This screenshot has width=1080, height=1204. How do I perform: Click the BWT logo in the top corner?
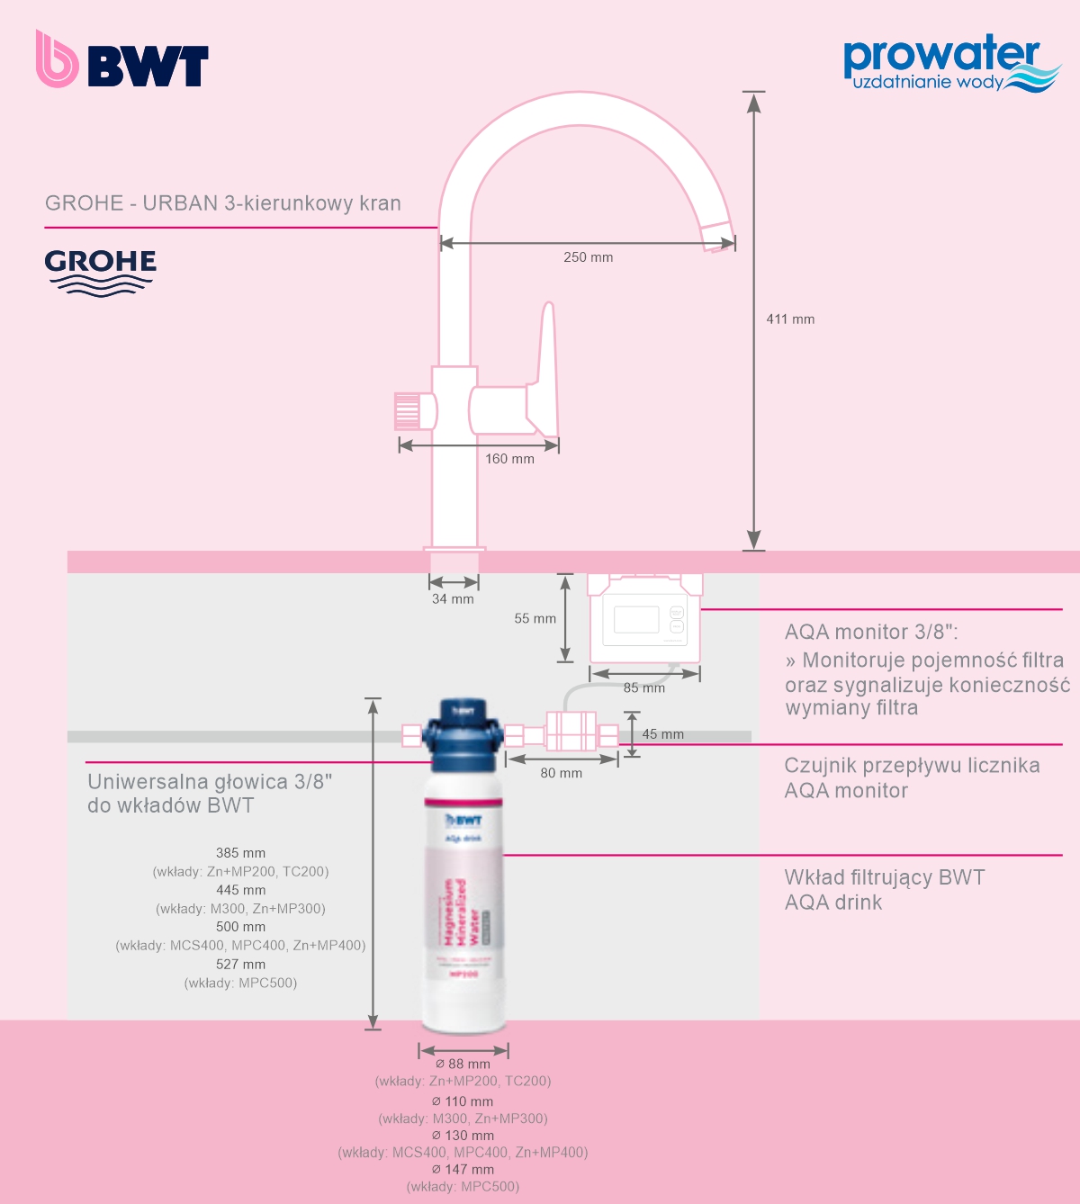pyautogui.click(x=122, y=59)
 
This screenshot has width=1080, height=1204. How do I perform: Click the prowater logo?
pyautogui.click(x=950, y=63)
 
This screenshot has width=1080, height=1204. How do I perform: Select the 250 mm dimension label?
pyautogui.click(x=588, y=257)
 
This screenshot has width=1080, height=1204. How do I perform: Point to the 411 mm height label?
pyautogui.click(x=790, y=319)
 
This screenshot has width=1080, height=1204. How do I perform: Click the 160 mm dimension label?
pyautogui.click(x=509, y=459)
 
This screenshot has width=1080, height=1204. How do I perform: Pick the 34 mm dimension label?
pyautogui.click(x=453, y=599)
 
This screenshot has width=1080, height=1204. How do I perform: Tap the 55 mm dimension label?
pyautogui.click(x=535, y=619)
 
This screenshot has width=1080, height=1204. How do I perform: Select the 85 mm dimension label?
pyautogui.click(x=644, y=688)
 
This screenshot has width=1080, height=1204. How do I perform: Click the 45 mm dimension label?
pyautogui.click(x=662, y=734)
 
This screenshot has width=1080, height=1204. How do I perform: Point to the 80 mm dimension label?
pyautogui.click(x=561, y=773)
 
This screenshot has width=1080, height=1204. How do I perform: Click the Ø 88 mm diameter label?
pyautogui.click(x=463, y=1065)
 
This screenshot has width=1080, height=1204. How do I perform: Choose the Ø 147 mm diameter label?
pyautogui.click(x=463, y=1170)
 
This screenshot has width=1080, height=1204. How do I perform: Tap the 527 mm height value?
pyautogui.click(x=240, y=965)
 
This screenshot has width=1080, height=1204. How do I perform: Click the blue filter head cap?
pyautogui.click(x=463, y=736)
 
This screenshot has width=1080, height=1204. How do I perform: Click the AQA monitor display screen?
pyautogui.click(x=636, y=620)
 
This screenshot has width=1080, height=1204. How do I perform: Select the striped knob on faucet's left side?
pyautogui.click(x=408, y=411)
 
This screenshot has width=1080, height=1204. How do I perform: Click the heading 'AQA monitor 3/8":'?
pyautogui.click(x=871, y=632)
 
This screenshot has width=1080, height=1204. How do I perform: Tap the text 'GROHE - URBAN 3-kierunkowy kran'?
pyautogui.click(x=223, y=203)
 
